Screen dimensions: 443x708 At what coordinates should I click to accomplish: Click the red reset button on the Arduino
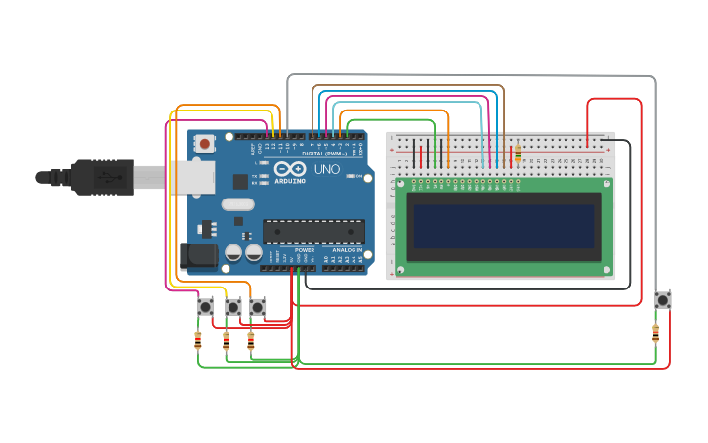coord(205,144)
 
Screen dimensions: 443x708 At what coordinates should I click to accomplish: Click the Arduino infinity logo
coord(241,181)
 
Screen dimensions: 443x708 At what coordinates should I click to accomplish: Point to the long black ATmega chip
coord(313,231)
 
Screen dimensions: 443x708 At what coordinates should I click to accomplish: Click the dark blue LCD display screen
coord(503,226)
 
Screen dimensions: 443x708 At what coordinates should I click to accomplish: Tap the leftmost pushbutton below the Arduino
coord(206,307)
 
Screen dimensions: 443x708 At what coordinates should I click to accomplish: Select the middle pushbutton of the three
coord(232,307)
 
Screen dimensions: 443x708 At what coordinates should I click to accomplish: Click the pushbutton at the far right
coord(663,300)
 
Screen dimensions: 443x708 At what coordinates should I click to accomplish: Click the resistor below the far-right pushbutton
coord(655,333)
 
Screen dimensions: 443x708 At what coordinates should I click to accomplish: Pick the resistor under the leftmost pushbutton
coord(198,340)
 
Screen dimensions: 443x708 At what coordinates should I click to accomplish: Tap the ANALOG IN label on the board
coord(346,250)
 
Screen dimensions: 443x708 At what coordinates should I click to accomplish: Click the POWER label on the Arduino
coord(305,250)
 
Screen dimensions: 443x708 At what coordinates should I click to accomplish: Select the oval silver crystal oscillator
coord(237,204)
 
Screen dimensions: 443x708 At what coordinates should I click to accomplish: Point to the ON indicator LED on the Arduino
coord(360,177)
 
